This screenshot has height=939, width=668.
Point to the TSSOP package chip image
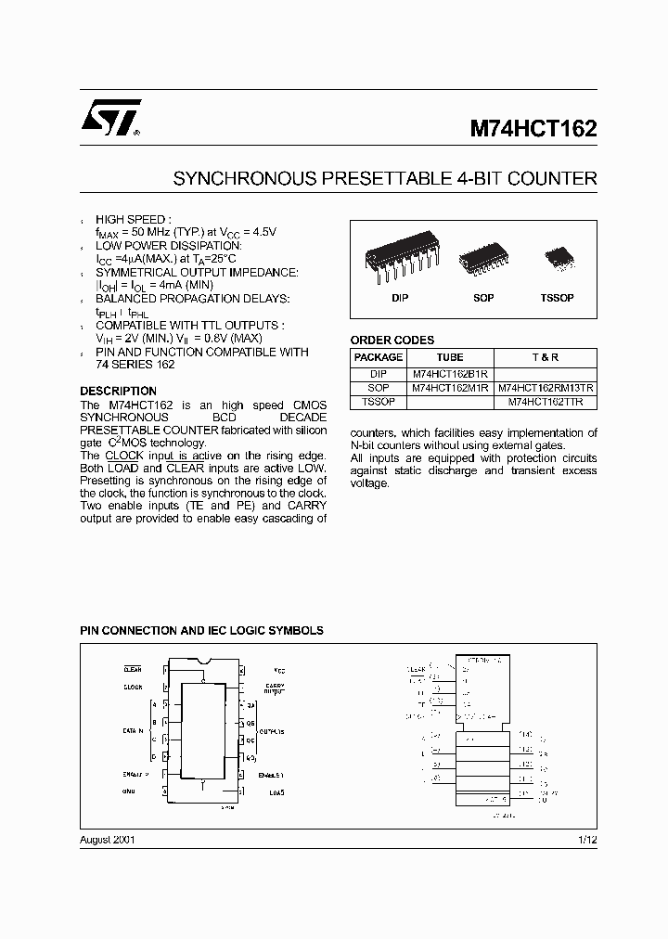559,255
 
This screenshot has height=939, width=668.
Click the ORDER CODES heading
392,340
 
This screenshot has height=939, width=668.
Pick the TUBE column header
449,357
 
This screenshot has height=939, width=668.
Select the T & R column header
546,357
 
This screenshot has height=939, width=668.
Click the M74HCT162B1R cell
449,373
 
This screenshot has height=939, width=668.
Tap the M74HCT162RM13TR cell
546,388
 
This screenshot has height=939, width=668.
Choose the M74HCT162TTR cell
546,402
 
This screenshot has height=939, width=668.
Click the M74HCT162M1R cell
449,388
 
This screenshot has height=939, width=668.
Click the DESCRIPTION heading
117,391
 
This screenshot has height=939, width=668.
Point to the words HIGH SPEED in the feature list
134,219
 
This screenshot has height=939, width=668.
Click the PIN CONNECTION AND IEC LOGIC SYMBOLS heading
201,630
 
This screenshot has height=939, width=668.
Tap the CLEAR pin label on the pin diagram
132,668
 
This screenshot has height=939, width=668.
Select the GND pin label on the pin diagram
128,791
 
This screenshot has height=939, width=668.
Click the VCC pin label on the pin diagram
278,669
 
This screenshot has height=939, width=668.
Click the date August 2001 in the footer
109,839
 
